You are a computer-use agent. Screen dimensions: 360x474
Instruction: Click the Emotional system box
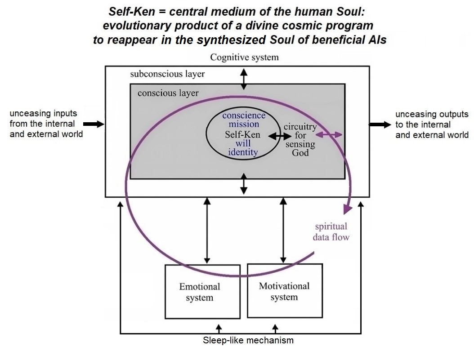click(x=199, y=291)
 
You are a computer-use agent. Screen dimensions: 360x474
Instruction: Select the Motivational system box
click(x=284, y=291)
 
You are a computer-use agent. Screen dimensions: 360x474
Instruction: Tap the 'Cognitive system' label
click(x=244, y=57)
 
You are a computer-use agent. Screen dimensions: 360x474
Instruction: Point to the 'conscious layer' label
click(x=168, y=93)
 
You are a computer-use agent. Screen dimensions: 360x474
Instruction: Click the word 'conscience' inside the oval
click(x=244, y=115)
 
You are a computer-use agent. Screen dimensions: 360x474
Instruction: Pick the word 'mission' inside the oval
click(x=244, y=124)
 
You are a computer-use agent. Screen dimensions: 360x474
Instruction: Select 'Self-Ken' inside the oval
click(x=243, y=134)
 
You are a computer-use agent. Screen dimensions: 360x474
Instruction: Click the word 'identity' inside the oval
click(x=243, y=152)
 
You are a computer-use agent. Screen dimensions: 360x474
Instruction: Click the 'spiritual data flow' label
click(x=331, y=231)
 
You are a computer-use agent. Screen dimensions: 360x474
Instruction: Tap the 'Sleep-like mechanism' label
click(x=248, y=340)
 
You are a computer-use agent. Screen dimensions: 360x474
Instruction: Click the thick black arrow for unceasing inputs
click(x=95, y=124)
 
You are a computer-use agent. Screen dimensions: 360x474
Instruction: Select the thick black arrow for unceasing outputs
click(x=378, y=124)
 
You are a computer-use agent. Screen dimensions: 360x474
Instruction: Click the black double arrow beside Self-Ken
click(x=280, y=135)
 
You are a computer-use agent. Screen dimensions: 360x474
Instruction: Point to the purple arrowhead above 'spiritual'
click(x=347, y=209)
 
